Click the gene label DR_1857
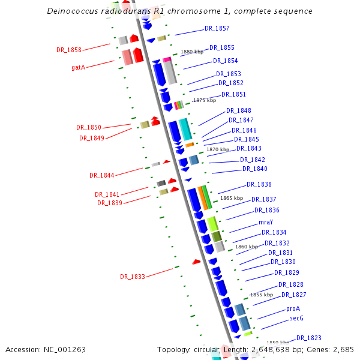(x=217, y=29)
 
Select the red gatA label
(x=78, y=67)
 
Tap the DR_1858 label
(x=69, y=50)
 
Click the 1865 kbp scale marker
(x=231, y=198)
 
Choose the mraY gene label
(x=266, y=222)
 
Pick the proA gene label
(x=293, y=308)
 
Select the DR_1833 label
(x=133, y=277)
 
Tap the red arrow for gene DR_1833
(x=196, y=262)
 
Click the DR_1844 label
(x=102, y=175)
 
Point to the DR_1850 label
(x=89, y=127)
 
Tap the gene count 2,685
(x=343, y=349)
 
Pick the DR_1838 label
(x=259, y=184)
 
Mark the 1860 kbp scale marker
(x=246, y=247)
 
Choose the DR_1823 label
(x=309, y=338)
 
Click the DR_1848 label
(x=239, y=110)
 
